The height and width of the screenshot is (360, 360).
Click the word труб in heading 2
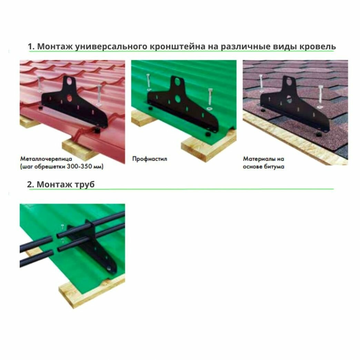pos(84,184)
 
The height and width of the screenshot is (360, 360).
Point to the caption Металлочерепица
pos(46,159)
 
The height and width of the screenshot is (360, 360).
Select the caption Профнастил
pos(149,159)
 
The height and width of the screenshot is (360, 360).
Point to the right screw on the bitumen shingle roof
pos(320,97)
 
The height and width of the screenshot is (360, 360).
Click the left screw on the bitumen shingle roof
pos(261,83)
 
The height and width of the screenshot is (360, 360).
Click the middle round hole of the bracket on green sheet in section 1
pos(178,99)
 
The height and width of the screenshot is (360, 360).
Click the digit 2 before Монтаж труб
pos(29,184)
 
